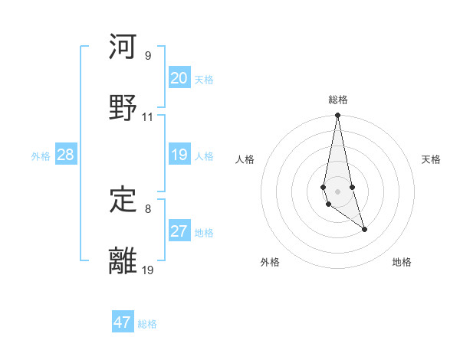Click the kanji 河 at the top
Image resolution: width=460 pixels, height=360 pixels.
coord(123,47)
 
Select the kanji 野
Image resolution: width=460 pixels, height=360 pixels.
coord(123,108)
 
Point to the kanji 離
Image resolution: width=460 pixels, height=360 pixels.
coord(123,260)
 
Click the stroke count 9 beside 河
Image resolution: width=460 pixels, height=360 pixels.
coord(147,56)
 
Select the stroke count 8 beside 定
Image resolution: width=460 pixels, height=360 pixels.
coord(147,208)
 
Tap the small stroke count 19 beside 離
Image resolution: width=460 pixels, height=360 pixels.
coord(148,269)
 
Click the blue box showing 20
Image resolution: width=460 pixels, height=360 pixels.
coord(179,78)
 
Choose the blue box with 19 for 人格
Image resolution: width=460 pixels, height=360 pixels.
coord(179,155)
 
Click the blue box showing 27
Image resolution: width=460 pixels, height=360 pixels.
coord(179,231)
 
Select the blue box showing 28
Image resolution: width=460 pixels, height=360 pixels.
coord(65,155)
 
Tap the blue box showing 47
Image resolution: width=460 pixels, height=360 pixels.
coord(123,322)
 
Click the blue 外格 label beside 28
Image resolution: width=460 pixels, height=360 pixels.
coord(41,155)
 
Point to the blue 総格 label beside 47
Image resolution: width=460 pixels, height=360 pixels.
coord(147,323)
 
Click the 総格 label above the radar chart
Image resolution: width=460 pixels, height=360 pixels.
coord(338,100)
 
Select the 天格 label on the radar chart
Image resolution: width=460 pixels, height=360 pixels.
coord(431,159)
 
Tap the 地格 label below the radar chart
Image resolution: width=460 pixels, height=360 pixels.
coord(402,262)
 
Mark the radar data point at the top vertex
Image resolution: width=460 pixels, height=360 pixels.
coord(338,116)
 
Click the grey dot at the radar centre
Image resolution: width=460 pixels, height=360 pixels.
coord(338,191)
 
